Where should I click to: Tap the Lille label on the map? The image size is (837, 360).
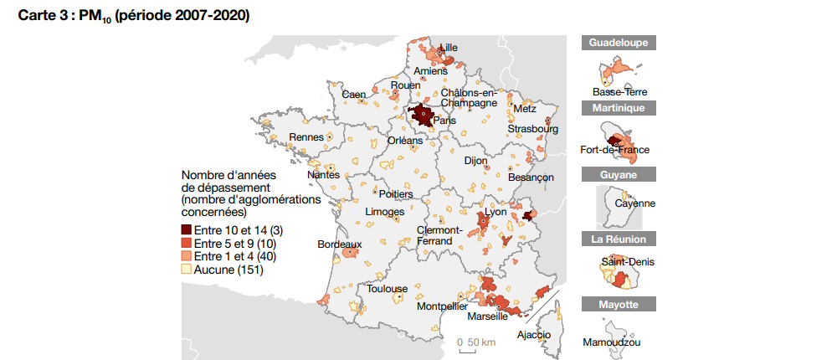coord(449,48)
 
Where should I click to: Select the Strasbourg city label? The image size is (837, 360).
coord(532,129)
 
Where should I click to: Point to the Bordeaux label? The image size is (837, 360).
coord(340,244)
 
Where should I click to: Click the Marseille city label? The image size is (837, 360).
coord(487,316)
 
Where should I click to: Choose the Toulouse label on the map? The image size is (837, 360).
coord(387,289)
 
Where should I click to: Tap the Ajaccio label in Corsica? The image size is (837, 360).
coord(534,335)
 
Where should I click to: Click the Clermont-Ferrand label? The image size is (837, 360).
coord(439,235)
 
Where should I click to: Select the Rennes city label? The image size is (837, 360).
coord(306,137)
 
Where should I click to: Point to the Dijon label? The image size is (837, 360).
coord(475,160)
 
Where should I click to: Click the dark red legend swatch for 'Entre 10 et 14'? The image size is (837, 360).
coord(187,229)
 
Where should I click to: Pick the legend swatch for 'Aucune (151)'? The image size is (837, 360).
coord(187,270)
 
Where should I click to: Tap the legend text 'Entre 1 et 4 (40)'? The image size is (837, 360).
coord(234,255)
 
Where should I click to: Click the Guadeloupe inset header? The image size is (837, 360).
coord(619,43)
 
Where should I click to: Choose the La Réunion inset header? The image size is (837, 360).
coord(619,239)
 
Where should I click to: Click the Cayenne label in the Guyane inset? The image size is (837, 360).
coord(634,203)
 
